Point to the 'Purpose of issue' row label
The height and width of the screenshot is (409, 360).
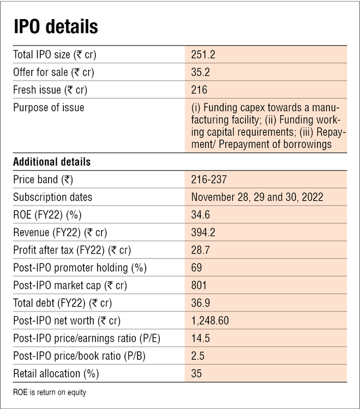49,107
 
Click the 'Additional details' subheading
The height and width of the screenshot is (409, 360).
52,162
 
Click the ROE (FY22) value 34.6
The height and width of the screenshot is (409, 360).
200,214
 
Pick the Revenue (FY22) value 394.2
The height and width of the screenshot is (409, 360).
203,232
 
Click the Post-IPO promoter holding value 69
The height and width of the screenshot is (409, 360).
196,268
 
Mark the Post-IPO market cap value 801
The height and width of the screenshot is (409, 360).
199,285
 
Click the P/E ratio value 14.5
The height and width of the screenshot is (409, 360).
200,338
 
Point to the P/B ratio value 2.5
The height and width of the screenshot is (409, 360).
197,356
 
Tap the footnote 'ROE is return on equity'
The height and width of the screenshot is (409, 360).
50,392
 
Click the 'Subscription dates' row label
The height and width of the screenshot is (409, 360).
53,197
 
